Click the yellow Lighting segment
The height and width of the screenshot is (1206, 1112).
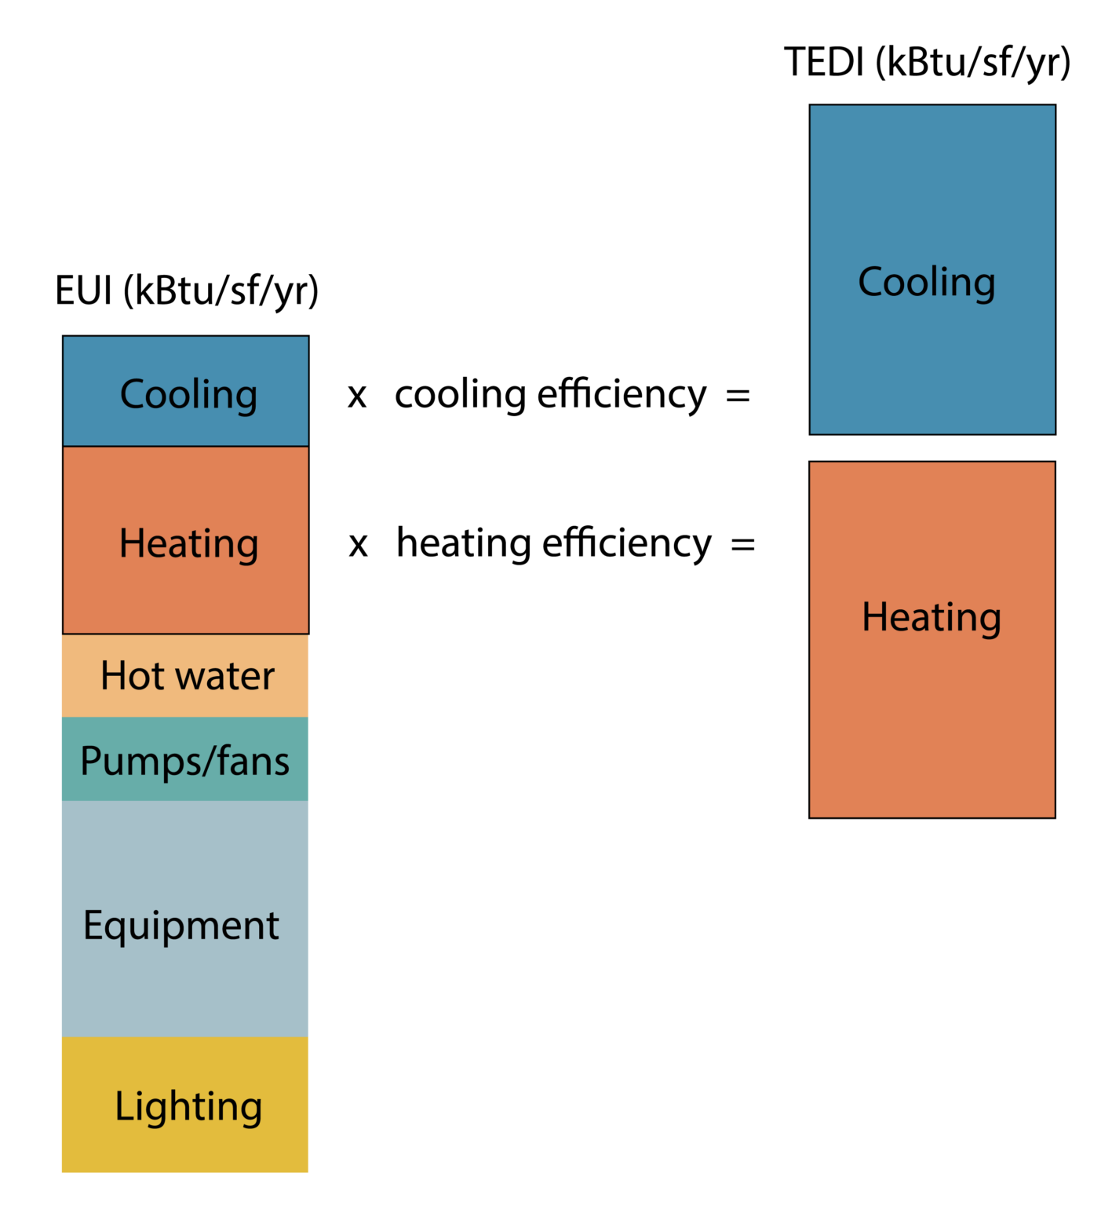pyautogui.click(x=185, y=1146)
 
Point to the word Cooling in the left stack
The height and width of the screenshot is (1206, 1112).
pyautogui.click(x=188, y=394)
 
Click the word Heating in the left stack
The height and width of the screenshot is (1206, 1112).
pyautogui.click(x=188, y=543)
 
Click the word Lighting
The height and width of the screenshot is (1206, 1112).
pyautogui.click(x=188, y=1107)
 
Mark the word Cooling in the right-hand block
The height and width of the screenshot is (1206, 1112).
pyautogui.click(x=927, y=282)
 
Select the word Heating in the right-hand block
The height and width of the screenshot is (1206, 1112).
pyautogui.click(x=932, y=617)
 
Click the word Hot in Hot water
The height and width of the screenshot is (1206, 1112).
pyautogui.click(x=132, y=675)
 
